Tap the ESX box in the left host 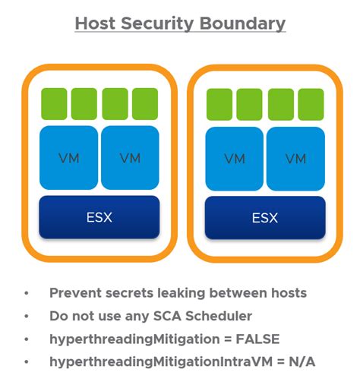tap(99, 217)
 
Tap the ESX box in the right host tap(264, 218)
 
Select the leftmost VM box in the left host tap(68, 158)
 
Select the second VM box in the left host tap(130, 158)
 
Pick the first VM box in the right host tap(234, 159)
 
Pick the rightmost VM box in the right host tap(295, 159)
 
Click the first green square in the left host tap(54, 104)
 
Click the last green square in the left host tap(145, 104)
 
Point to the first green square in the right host tap(219, 105)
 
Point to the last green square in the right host tap(311, 105)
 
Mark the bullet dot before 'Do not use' tap(27, 316)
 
